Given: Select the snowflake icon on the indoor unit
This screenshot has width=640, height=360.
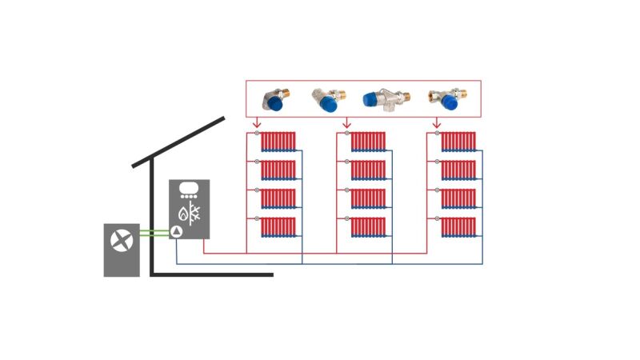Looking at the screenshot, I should coord(194,214).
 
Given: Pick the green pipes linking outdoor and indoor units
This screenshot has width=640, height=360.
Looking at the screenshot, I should coord(154,234).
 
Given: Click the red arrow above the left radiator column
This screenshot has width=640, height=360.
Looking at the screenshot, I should coord(256,123).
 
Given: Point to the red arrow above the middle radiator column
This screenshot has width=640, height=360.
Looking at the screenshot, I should coord(346,123).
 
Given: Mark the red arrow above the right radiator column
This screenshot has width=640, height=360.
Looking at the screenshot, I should coord(436,123).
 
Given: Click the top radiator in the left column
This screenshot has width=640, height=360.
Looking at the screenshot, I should coord(278,142).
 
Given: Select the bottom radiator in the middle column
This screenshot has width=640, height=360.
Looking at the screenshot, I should coord(368,227).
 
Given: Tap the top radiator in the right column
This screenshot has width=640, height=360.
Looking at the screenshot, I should coord(458,142).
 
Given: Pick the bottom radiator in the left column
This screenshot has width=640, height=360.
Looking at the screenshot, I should coord(278,227).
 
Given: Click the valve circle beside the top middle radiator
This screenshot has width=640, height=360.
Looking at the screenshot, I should coord(346,134).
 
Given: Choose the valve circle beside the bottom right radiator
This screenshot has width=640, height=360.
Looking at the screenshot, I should coord(436,219).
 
